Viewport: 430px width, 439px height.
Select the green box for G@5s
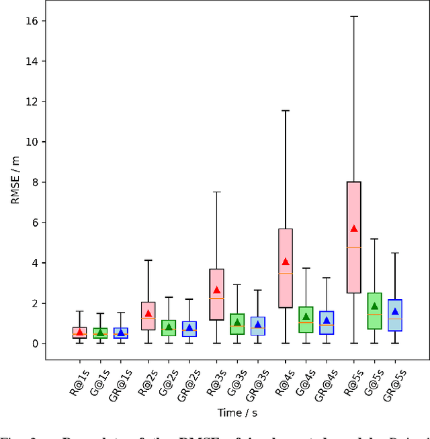(x=374, y=311)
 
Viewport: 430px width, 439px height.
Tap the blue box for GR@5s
(x=395, y=315)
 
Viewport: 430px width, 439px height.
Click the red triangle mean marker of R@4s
(x=286, y=262)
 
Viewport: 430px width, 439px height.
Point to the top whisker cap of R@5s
(x=354, y=15)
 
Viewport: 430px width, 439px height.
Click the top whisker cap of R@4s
(x=286, y=110)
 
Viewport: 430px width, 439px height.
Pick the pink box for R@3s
(x=217, y=294)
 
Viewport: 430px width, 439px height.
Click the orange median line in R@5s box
(x=354, y=247)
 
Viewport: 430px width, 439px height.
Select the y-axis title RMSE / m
(x=15, y=182)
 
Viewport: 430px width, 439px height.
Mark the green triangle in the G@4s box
(x=306, y=317)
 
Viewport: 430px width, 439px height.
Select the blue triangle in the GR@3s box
(x=258, y=325)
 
